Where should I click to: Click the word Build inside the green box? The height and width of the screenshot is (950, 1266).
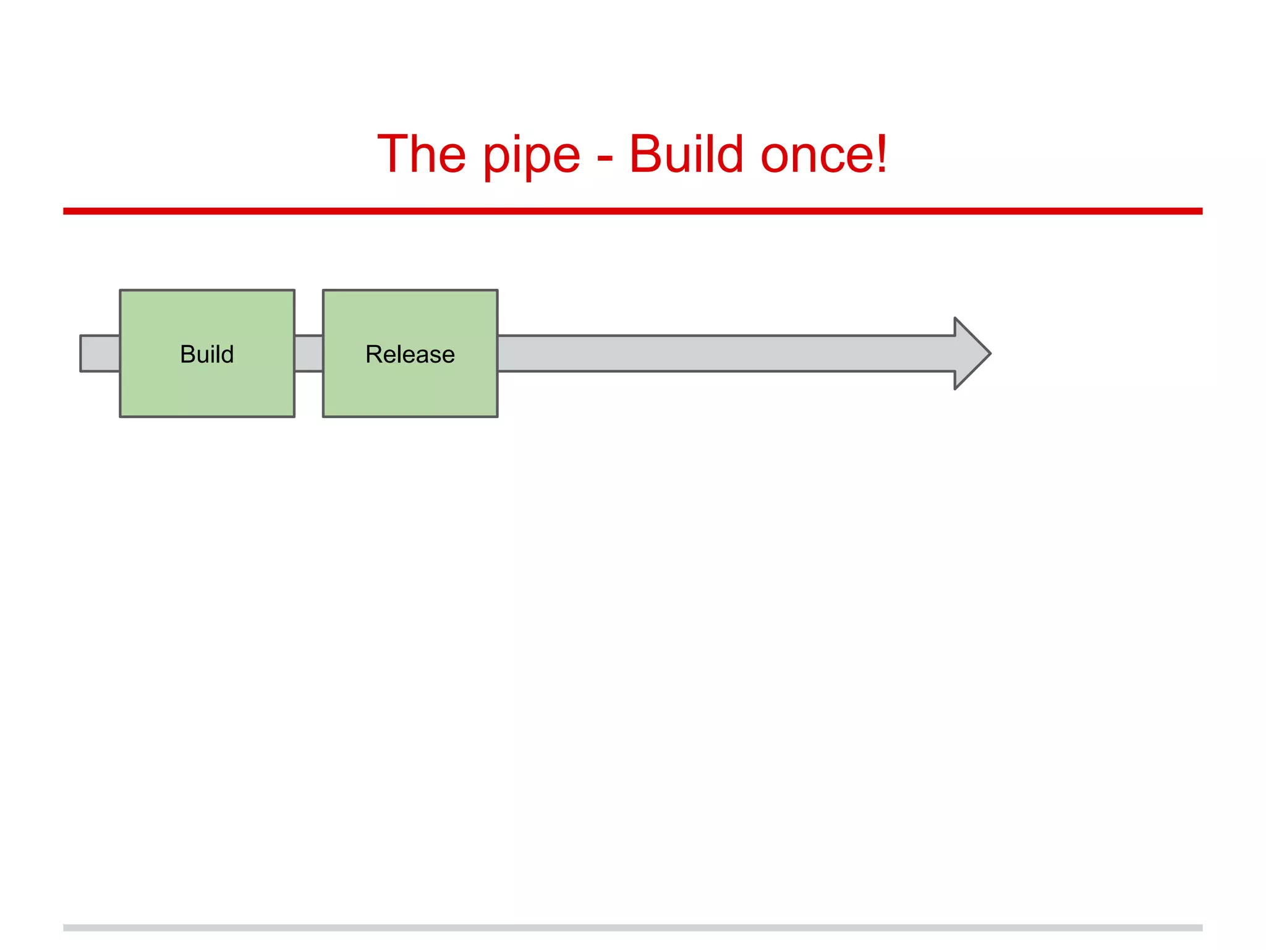206,354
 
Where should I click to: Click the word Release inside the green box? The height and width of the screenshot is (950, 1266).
410,354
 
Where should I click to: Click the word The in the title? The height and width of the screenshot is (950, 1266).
422,154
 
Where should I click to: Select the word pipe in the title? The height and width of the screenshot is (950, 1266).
532,156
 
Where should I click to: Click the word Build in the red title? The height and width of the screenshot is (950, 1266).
686,154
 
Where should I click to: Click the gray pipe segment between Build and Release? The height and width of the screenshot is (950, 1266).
308,354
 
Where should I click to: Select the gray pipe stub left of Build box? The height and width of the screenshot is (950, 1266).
100,354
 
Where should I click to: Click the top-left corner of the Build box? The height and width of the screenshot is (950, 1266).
121,290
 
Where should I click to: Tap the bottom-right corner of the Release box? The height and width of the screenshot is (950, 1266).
497,416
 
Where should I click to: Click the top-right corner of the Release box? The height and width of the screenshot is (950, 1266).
497,290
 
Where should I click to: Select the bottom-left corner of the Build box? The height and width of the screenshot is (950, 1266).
121,416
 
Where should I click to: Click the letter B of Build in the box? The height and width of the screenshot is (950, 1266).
187,354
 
